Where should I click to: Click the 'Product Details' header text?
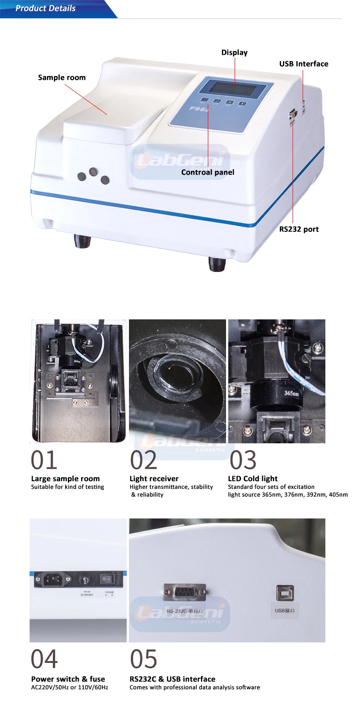pyautogui.click(x=45, y=8)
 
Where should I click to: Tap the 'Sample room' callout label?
pyautogui.click(x=62, y=77)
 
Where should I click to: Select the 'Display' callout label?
pyautogui.click(x=234, y=52)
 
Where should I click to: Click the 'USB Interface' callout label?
pyautogui.click(x=303, y=64)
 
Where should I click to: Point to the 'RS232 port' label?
pyautogui.click(x=298, y=229)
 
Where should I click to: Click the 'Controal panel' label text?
pyautogui.click(x=207, y=172)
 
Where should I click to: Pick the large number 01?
pyautogui.click(x=44, y=460)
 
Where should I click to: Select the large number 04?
pyautogui.click(x=44, y=659)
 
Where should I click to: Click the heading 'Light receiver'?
pyautogui.click(x=154, y=478)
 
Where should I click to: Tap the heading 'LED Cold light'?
pyautogui.click(x=252, y=478)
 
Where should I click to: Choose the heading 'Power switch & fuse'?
pyautogui.click(x=68, y=679)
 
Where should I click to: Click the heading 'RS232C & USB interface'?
pyautogui.click(x=172, y=679)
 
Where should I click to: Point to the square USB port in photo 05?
pyautogui.click(x=285, y=593)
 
